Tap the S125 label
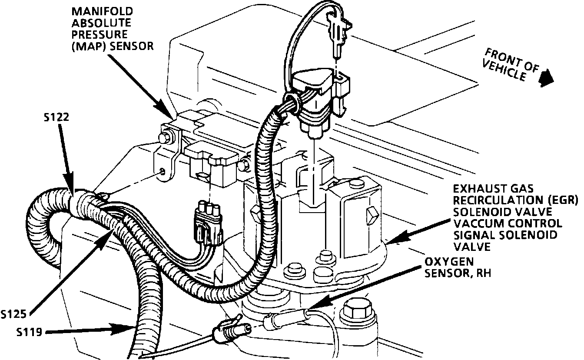[x=15, y=313]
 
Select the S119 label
[x=30, y=333]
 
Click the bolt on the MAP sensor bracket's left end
[x=164, y=138]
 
